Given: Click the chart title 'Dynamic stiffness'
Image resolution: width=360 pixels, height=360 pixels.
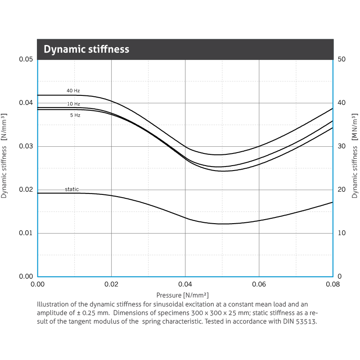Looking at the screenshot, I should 86,49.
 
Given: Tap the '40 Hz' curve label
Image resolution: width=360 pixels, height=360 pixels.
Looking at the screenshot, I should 73,91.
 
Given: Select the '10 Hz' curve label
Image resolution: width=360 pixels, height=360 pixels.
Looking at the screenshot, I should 73,104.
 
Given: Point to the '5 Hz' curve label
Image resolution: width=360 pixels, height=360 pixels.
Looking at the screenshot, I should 75,116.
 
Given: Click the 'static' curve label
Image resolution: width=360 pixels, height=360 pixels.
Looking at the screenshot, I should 72,189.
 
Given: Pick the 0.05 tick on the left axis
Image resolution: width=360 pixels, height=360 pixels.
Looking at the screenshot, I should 26,59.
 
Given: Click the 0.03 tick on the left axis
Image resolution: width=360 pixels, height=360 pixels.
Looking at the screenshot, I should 26,146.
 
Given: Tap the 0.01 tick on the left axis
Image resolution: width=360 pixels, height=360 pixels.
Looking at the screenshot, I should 26,233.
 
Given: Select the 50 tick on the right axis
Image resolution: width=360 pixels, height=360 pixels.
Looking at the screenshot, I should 341,59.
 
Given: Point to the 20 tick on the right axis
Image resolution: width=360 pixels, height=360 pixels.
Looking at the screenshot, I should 341,189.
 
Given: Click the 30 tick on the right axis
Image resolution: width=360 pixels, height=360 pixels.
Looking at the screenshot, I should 341,146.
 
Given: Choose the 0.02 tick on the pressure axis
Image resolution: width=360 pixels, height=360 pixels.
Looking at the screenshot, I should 111,284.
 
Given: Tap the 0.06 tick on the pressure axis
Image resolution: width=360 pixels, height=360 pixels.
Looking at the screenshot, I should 259,284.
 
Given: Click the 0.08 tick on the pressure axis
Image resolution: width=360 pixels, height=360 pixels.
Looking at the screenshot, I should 333,284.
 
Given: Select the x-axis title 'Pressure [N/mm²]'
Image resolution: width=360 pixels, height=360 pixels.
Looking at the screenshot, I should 182,295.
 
